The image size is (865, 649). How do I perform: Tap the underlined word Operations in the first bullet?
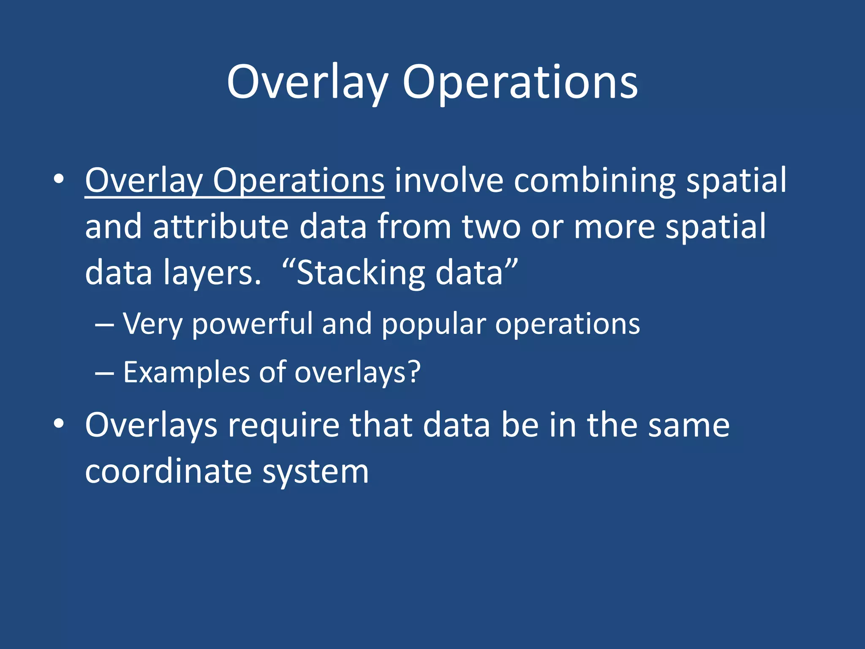pos(298,181)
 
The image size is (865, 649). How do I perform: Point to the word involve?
pos(449,181)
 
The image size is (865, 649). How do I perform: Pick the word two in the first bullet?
pos(491,227)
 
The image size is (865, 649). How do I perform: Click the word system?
pos(316,472)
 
